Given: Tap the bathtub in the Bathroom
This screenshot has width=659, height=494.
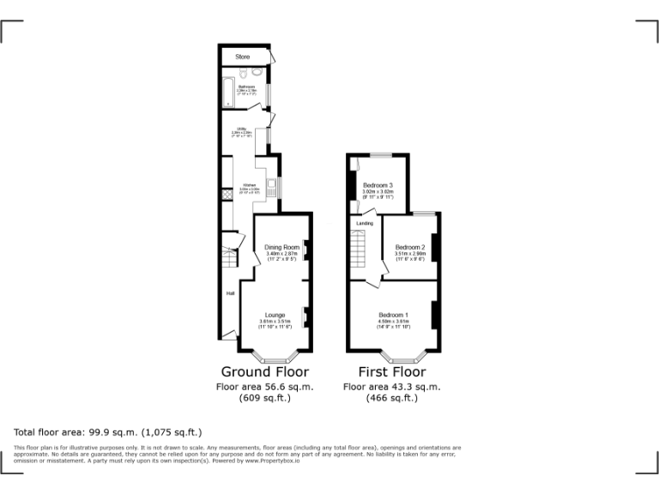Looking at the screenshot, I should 227,93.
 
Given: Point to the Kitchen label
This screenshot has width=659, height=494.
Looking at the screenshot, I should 249,184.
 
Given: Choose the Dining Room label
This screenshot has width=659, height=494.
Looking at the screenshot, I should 281,248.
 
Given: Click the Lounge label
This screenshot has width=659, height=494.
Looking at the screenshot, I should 275,315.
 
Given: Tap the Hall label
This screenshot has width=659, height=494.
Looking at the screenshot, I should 230,294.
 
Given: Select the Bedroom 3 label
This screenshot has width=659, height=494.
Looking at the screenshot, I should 378,185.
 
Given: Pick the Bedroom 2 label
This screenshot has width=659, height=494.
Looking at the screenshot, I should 410,248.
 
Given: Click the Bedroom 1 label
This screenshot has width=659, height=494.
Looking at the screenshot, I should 394,315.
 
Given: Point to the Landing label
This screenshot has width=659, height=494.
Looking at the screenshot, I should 365,224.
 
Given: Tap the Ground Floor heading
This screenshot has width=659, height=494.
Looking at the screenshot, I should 264,372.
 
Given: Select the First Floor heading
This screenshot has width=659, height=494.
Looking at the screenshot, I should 391,372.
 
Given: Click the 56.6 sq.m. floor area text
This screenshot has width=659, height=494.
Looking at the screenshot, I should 264,387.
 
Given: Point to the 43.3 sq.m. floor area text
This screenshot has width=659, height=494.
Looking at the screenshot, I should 391,387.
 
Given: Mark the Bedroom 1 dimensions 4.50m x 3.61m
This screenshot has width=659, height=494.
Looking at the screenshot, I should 393,322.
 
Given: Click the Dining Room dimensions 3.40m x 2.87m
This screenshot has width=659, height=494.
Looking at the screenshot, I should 281,254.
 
